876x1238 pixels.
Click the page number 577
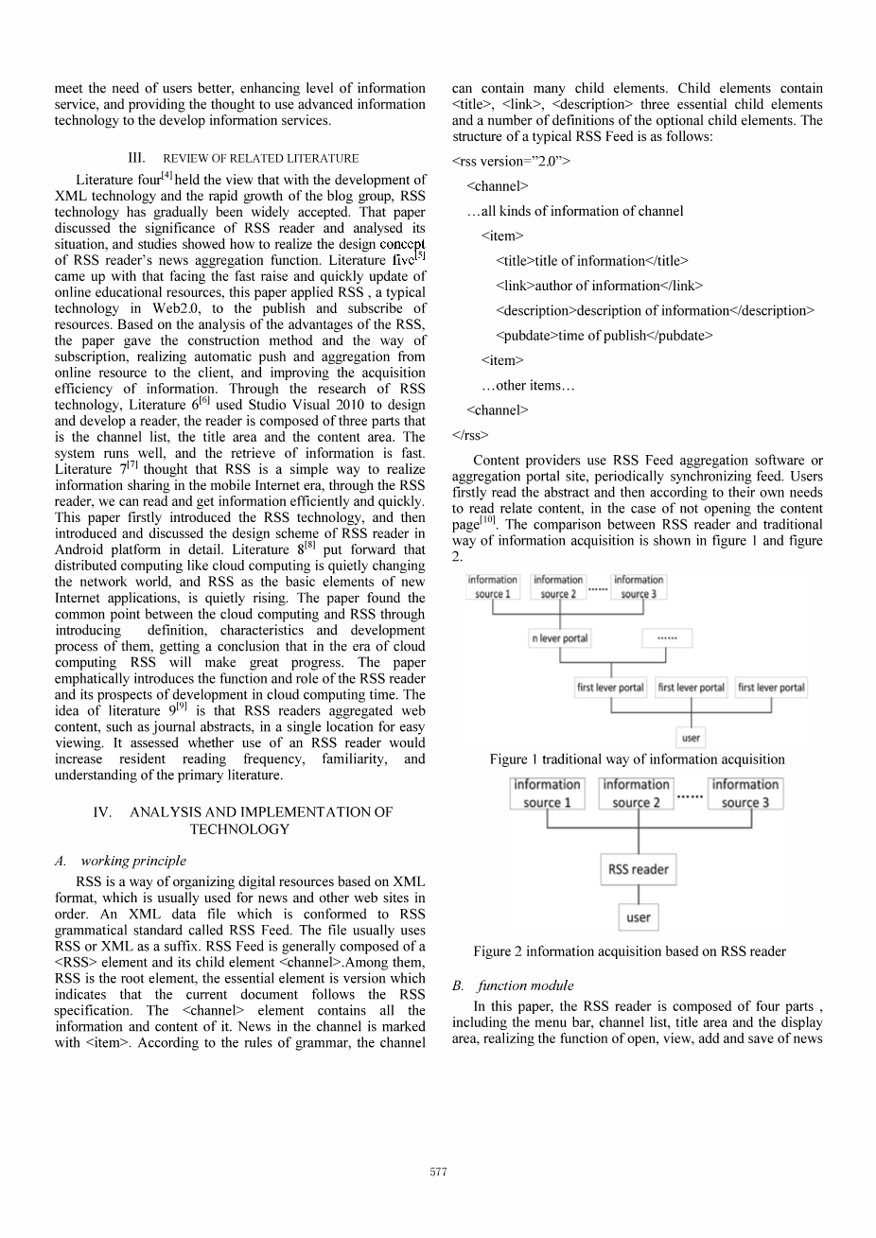(438, 1172)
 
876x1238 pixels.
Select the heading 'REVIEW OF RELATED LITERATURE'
(260, 159)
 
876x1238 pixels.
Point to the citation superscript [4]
(166, 175)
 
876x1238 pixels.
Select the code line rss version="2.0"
(511, 161)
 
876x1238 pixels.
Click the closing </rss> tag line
(470, 435)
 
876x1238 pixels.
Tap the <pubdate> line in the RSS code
(604, 335)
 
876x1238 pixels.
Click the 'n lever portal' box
(559, 638)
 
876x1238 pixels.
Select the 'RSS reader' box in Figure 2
(638, 869)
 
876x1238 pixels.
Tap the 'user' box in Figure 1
(691, 738)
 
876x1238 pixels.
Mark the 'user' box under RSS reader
(638, 917)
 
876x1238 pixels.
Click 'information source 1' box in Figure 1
(492, 586)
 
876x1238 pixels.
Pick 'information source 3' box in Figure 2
(745, 793)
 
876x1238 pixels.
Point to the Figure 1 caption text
(637, 759)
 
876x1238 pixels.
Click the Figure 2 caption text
(629, 951)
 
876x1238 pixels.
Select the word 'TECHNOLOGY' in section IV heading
(239, 829)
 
